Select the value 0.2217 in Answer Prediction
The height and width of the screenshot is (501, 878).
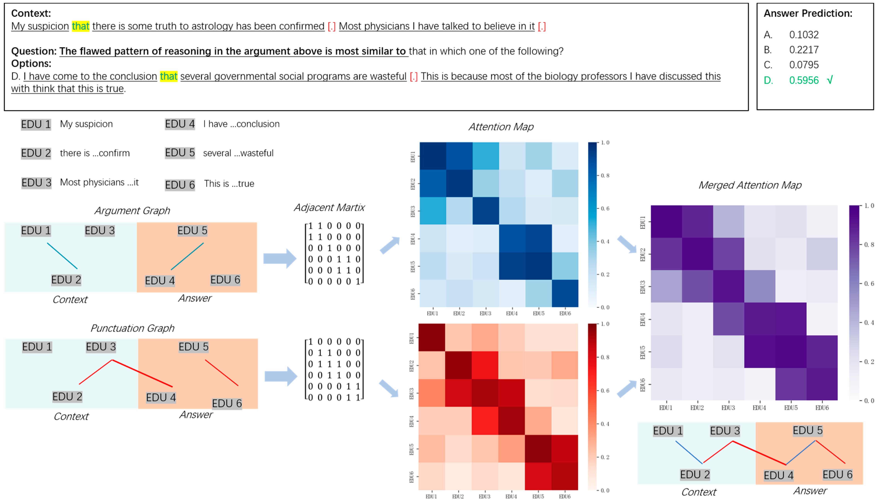pos(804,50)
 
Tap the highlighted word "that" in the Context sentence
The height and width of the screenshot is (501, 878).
pos(80,26)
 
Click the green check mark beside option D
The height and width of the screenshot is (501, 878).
pos(829,80)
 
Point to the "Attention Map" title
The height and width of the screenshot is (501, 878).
pos(501,127)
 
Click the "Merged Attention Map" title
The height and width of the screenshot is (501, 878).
pos(750,185)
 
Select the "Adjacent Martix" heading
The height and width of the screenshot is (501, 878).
pos(329,208)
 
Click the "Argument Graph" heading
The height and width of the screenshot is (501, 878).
pos(132,211)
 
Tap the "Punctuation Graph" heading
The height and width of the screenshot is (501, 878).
pos(132,328)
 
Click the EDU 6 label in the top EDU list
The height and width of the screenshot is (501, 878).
pos(180,185)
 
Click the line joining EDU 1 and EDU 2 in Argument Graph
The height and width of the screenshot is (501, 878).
pos(62,256)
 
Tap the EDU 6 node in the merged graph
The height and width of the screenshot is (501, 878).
pos(837,474)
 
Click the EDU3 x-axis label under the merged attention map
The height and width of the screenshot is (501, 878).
pos(728,408)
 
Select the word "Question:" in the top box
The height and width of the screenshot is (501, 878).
pos(34,51)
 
